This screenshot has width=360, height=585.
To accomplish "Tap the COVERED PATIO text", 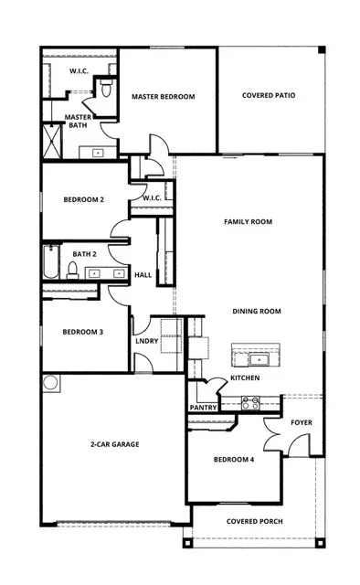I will pos(270,96).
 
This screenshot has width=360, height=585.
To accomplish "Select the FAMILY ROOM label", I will pos(248,221).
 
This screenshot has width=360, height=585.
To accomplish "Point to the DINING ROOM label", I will pos(256,311).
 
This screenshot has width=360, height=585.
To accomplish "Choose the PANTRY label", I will pos(202,408).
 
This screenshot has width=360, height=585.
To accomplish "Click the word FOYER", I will pos(302,423).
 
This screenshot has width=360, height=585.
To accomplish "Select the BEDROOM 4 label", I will pos(234,459).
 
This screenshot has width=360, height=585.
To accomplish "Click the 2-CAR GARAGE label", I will pos(115,444).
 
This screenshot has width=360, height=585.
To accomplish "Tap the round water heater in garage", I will pos(50,381).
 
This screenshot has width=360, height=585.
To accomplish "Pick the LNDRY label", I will pos(145,340).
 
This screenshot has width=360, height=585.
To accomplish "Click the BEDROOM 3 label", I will pos(82,332).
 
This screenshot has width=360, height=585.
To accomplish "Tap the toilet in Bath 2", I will pos(72,269).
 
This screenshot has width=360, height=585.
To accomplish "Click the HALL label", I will pos(143,275).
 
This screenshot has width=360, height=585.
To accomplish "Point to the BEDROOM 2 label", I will pos(83,199).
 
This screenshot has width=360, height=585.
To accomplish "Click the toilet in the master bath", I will pos(105,89).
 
